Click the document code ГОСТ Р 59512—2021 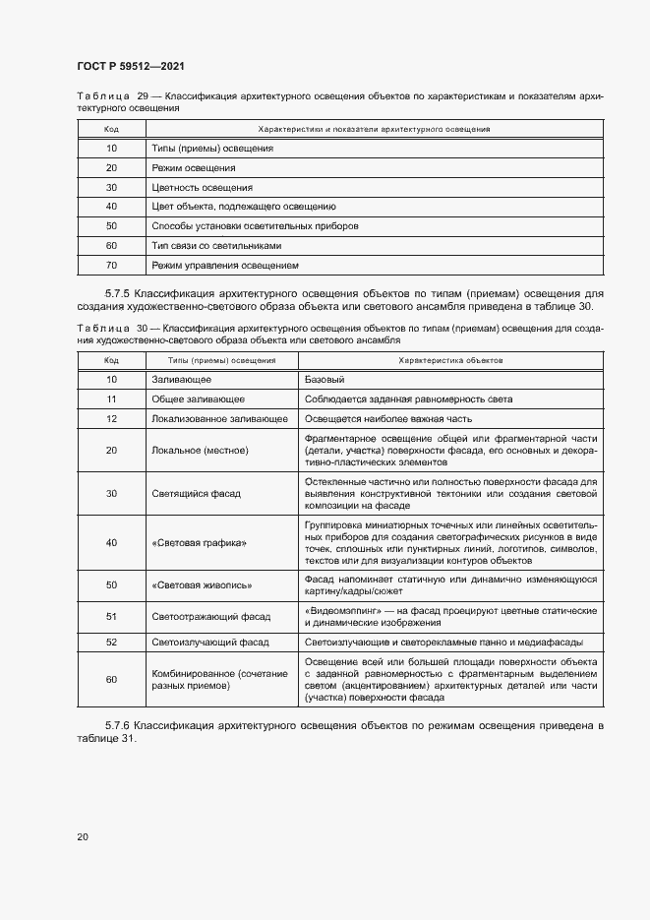coord(131,67)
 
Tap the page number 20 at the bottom coord(83,836)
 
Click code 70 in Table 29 coord(111,266)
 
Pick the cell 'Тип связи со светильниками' coord(216,246)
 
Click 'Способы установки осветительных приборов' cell coord(255,226)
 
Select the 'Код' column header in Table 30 coord(111,360)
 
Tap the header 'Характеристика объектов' coord(450,360)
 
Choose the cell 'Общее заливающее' coord(199,399)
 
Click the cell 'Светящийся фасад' coord(197,493)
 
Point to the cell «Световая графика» coord(200,543)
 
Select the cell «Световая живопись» coord(203,585)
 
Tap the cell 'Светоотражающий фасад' coord(210,616)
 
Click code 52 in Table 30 coord(111,642)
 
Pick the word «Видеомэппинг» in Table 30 coord(341,610)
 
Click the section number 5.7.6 coord(119,725)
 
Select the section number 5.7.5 coord(119,292)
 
